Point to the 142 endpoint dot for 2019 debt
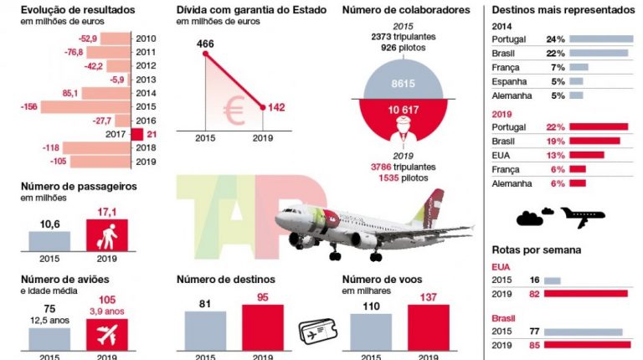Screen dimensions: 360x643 (264, 106)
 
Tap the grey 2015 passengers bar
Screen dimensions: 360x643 (49, 241)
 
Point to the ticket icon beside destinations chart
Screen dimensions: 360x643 (316, 332)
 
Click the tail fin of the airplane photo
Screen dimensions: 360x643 (434, 205)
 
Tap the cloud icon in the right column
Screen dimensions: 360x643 (531, 218)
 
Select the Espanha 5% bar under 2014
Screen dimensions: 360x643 (576, 81)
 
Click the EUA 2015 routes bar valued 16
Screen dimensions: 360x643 (553, 280)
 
